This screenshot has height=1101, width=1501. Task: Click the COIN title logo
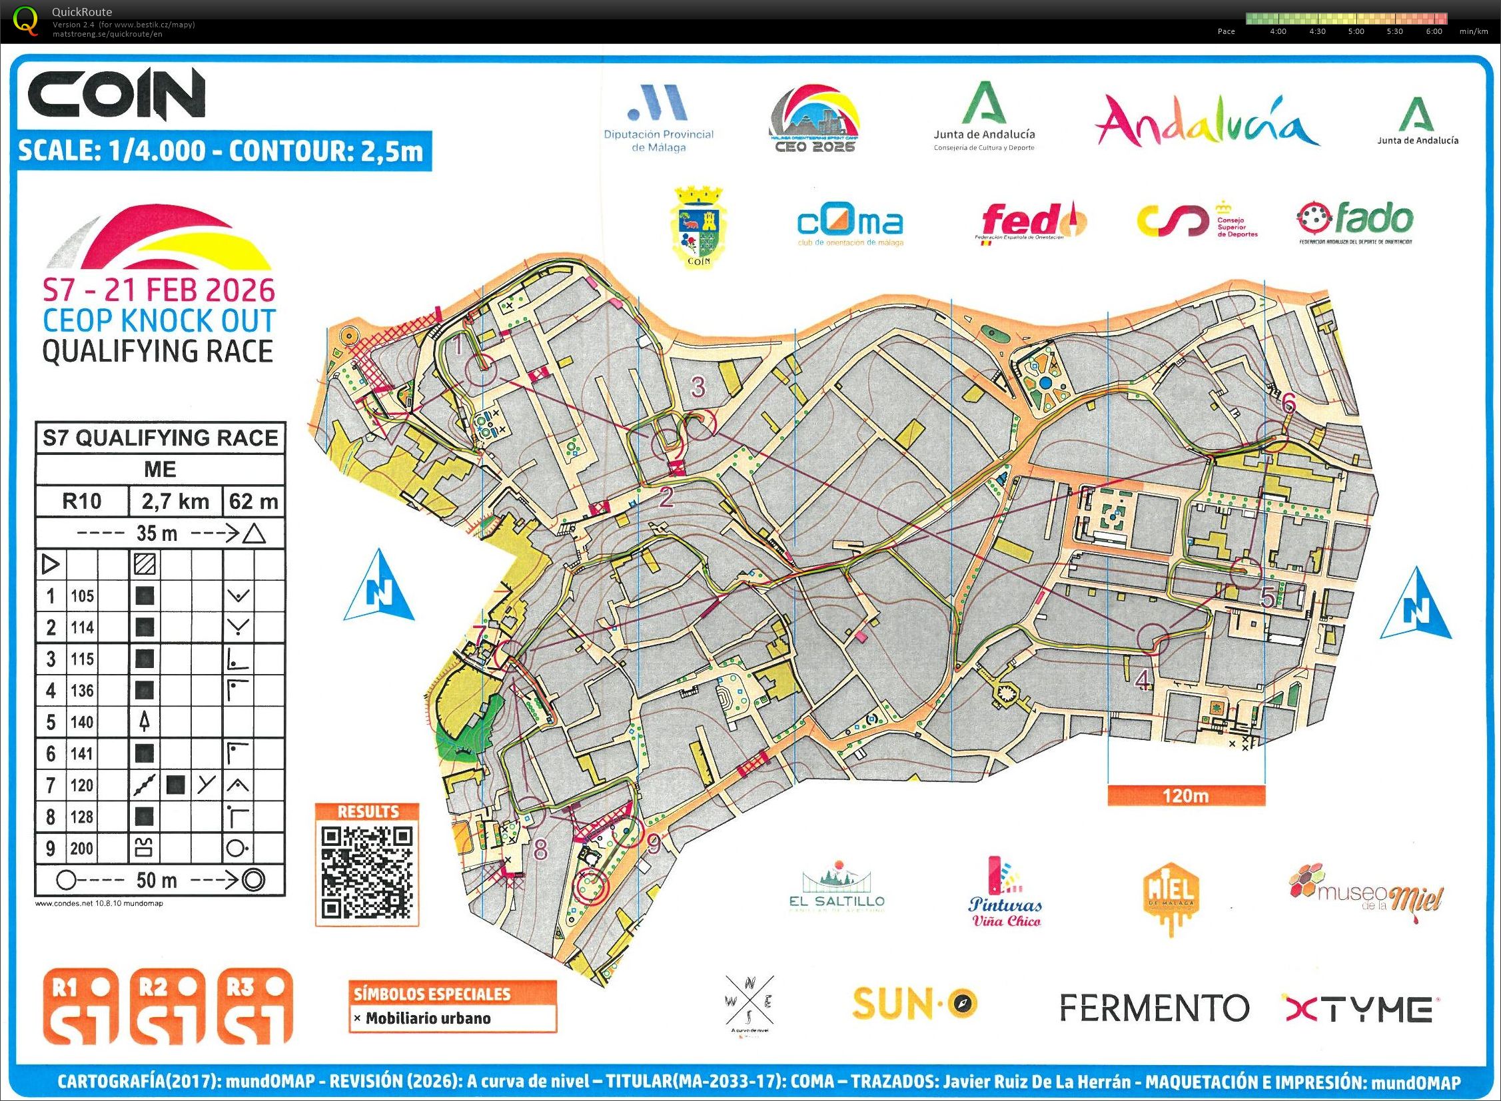tap(117, 95)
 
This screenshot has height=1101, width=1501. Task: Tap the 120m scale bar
tap(1186, 796)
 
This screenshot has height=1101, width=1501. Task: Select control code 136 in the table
tap(82, 691)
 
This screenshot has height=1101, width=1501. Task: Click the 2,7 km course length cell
tap(175, 501)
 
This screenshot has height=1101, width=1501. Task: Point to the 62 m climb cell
tap(253, 501)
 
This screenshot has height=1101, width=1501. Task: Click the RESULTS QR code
tap(367, 872)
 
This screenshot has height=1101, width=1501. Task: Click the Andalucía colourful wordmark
tap(1207, 123)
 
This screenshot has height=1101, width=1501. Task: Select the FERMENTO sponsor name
tap(1154, 1008)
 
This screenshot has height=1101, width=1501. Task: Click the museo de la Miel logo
tap(1366, 893)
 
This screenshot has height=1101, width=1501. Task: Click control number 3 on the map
tap(697, 386)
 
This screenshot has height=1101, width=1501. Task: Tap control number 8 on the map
tap(540, 849)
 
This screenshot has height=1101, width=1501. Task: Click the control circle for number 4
tap(1153, 639)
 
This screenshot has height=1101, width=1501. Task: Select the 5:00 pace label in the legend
tap(1356, 31)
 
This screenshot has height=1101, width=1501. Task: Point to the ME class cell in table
tap(160, 469)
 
